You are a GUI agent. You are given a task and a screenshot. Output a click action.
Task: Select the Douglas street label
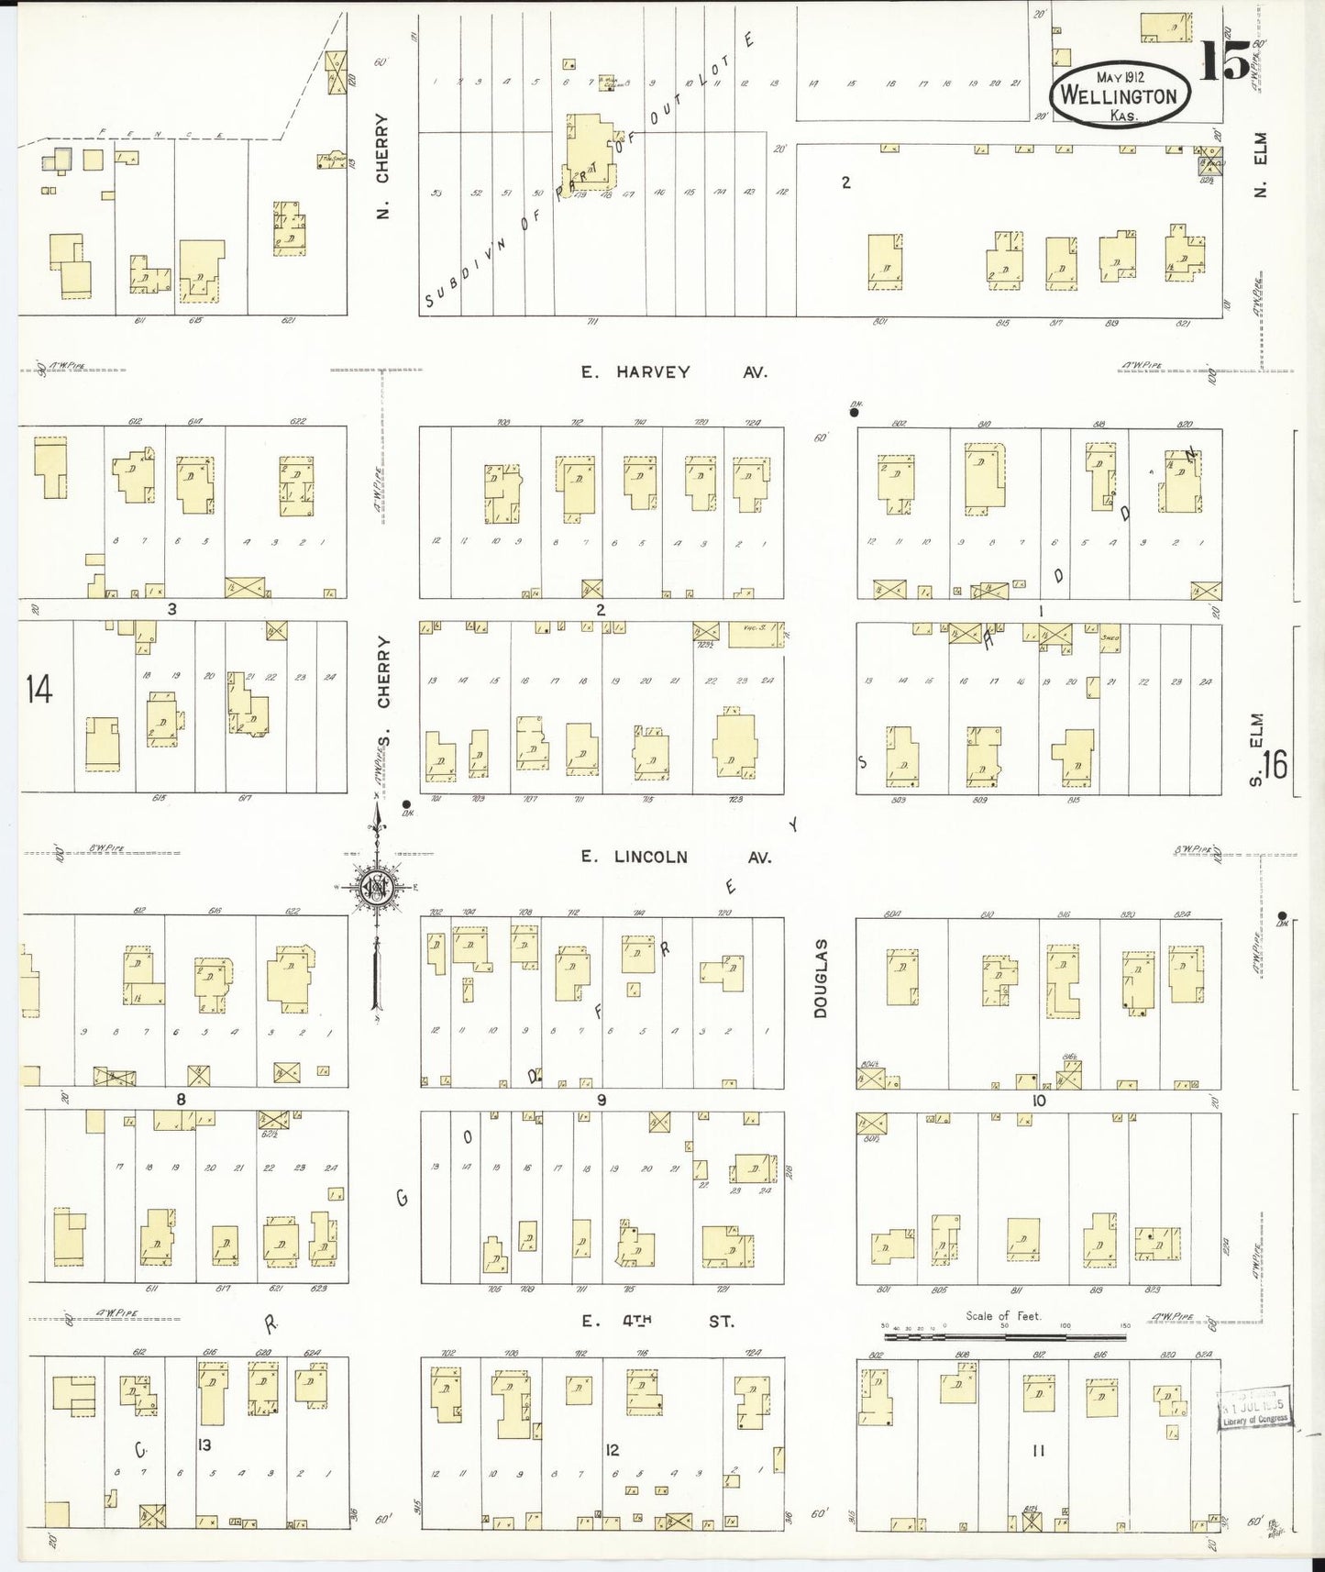click(x=821, y=978)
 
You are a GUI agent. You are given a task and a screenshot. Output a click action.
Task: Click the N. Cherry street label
click(x=382, y=166)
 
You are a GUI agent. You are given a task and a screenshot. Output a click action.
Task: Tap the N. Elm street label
click(x=1260, y=165)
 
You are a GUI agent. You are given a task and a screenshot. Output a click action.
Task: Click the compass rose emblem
click(x=376, y=887)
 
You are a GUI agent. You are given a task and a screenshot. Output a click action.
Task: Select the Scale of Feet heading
click(x=1003, y=1316)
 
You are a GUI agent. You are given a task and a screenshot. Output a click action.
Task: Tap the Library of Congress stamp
click(x=1254, y=1408)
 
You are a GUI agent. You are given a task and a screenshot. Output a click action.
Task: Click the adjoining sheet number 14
click(x=39, y=689)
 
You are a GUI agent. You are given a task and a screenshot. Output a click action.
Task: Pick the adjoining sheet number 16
click(x=1274, y=764)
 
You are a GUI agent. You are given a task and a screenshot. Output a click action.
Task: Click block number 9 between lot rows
click(x=602, y=1100)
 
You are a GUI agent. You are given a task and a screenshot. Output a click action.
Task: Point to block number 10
click(x=1038, y=1101)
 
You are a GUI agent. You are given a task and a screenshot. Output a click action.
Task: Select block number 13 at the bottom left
click(x=204, y=1445)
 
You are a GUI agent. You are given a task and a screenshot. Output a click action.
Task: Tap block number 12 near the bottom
click(x=612, y=1450)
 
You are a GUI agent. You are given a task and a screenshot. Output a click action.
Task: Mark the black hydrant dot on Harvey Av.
click(x=854, y=413)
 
